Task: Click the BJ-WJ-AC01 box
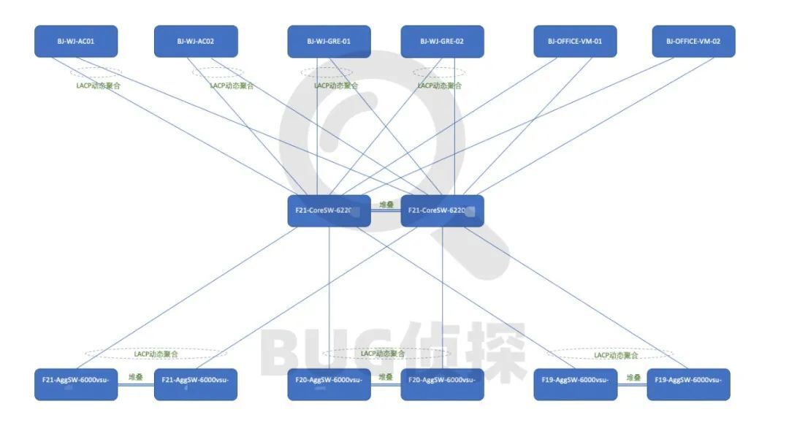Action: click(76, 42)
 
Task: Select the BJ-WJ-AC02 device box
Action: click(196, 42)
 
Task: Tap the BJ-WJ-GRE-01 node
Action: click(329, 42)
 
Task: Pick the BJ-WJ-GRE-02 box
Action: click(442, 42)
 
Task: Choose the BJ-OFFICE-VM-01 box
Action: click(575, 42)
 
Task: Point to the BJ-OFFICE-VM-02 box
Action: click(693, 42)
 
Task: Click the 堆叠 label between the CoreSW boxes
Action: click(386, 205)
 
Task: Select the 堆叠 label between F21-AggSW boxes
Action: click(136, 378)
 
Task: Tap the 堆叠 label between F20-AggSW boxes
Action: click(386, 378)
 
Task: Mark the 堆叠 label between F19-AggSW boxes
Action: click(633, 378)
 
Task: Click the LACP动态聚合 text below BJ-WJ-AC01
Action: click(99, 85)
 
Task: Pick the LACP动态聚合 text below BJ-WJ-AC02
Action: click(232, 85)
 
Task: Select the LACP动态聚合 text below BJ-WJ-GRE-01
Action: click(336, 85)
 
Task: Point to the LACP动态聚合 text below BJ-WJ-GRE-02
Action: click(440, 85)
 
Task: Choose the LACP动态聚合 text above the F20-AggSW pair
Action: click(383, 354)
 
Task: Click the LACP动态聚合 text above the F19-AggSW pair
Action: click(616, 355)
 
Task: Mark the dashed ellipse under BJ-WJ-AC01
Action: click(96, 72)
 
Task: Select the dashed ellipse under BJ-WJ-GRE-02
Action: click(438, 72)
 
